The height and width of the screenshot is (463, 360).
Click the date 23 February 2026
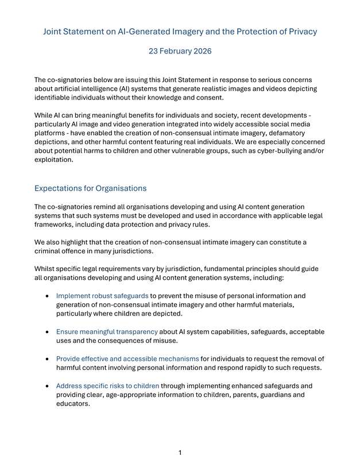180,51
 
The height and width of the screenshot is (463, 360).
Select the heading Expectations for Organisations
90,188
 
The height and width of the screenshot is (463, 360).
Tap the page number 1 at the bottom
180,453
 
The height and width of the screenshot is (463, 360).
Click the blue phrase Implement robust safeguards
102,296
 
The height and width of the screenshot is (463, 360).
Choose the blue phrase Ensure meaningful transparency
107,331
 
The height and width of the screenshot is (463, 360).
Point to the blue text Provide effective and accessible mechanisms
127,358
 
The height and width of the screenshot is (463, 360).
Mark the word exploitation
53,160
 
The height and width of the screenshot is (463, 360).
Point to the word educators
73,403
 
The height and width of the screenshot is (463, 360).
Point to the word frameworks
56,224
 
